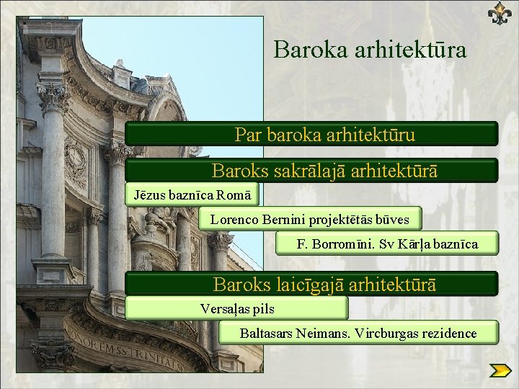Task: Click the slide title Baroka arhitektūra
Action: (x=370, y=50)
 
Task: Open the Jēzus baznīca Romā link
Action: (x=192, y=194)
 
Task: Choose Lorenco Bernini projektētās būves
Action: (x=309, y=219)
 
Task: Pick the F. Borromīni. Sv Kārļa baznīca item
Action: (x=387, y=243)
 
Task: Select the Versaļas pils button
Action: (x=237, y=308)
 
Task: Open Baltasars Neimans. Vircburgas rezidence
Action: (x=358, y=333)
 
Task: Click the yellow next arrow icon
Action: (x=500, y=371)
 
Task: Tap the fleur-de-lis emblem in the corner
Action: (x=499, y=13)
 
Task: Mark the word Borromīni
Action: (x=337, y=243)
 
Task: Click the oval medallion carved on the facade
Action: (x=74, y=161)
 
